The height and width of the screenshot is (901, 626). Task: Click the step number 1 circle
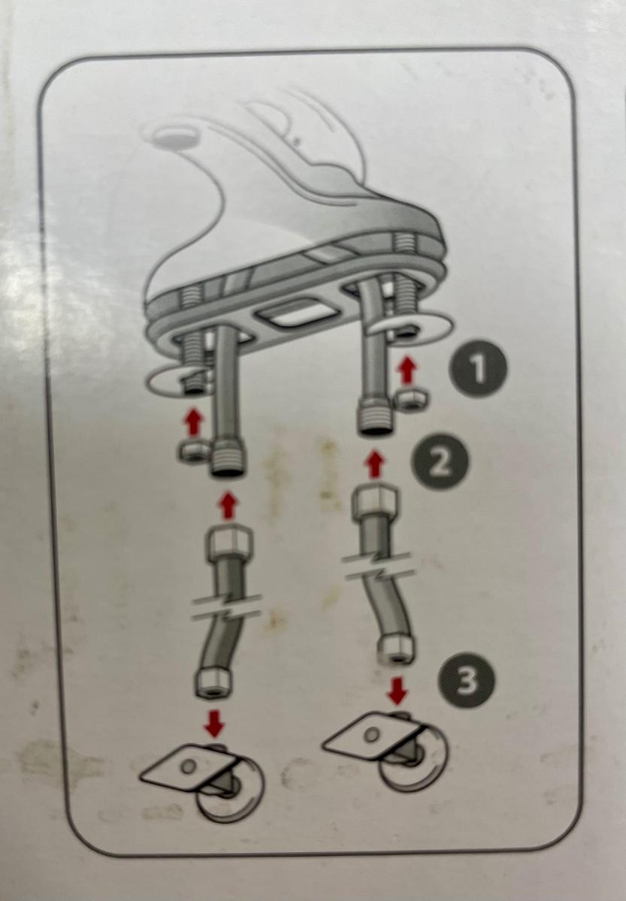click(478, 370)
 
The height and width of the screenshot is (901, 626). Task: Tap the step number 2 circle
click(440, 461)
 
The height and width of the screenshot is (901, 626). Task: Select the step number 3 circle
click(466, 680)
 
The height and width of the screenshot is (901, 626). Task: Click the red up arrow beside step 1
click(407, 370)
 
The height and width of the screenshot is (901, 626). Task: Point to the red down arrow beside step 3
click(397, 690)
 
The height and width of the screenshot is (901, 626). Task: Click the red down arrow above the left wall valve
click(215, 724)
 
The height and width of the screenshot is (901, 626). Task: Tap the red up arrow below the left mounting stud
click(194, 422)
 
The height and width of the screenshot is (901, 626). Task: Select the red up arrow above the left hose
click(228, 506)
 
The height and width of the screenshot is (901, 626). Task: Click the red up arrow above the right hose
click(375, 464)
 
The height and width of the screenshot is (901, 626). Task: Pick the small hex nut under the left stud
click(195, 452)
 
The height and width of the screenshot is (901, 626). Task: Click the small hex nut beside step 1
click(410, 399)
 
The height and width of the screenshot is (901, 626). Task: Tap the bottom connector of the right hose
click(395, 649)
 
